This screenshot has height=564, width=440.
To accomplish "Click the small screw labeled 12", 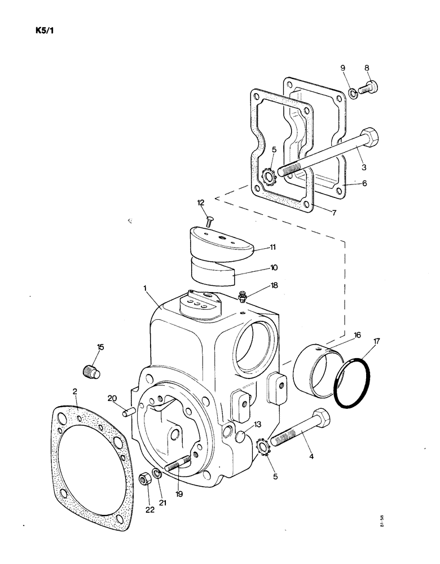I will tap(210, 221).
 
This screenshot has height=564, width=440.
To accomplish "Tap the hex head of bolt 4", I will tap(318, 419).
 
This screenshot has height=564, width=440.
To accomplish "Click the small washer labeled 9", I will tap(352, 93).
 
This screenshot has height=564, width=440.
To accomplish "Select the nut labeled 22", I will tap(144, 480).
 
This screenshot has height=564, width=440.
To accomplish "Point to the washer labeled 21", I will tap(158, 472).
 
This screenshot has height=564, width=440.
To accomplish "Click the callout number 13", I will tap(257, 425).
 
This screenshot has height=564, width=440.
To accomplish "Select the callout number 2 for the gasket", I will tap(76, 391).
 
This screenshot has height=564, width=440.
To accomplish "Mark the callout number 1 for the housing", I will tap(145, 288).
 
